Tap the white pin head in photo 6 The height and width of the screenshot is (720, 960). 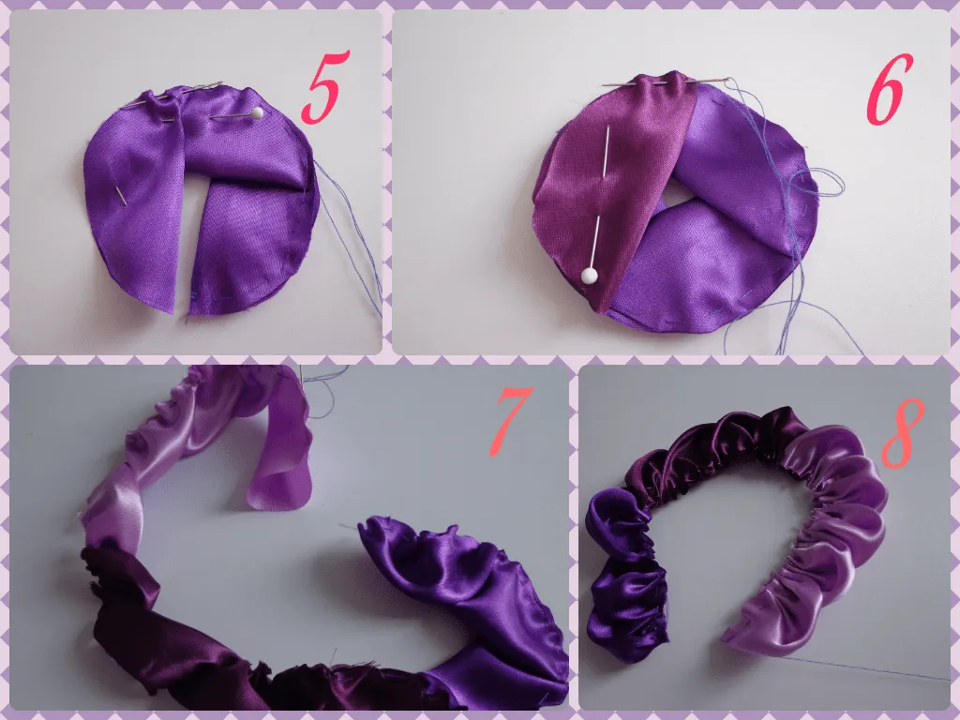click(x=590, y=276)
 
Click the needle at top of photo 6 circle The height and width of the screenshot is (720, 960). click(x=656, y=83)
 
